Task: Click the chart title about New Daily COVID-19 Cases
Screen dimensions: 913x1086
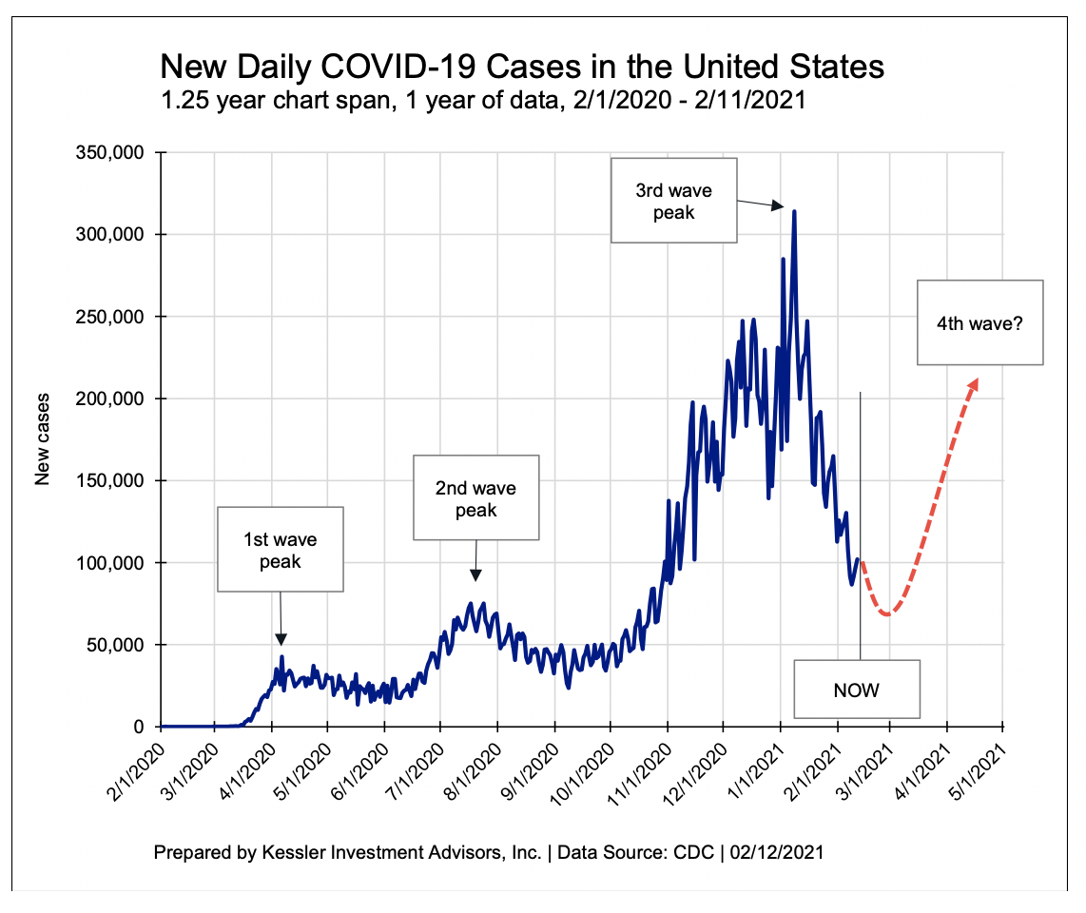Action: (x=522, y=67)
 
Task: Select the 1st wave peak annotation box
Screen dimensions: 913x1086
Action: (x=280, y=550)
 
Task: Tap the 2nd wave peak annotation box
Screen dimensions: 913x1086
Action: (x=475, y=497)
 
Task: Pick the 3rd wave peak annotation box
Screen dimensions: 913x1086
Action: (x=673, y=201)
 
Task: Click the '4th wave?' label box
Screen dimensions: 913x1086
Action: (x=979, y=322)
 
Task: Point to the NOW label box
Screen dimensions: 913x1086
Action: (x=856, y=689)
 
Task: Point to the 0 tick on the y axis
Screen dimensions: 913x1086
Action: (x=137, y=727)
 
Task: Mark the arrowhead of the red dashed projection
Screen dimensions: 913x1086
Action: (x=972, y=382)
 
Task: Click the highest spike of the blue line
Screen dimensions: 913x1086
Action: (x=794, y=212)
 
